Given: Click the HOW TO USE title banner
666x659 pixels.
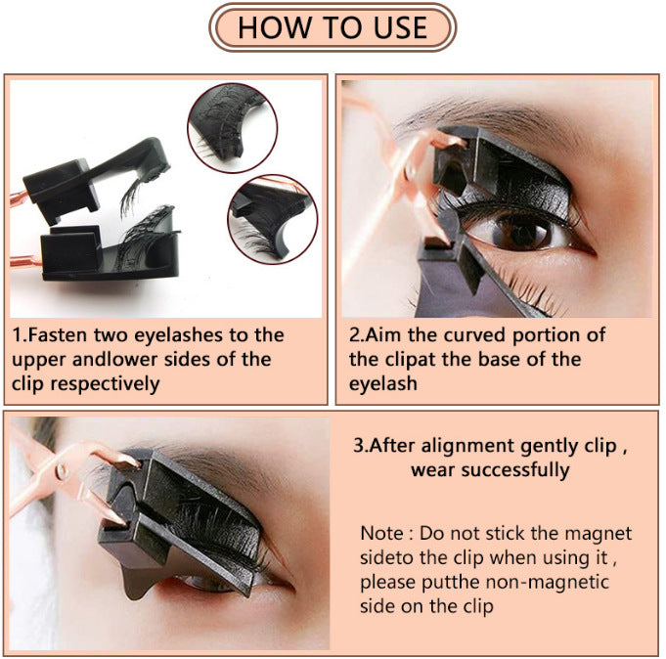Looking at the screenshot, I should pos(333,27).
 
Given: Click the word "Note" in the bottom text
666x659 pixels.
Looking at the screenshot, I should pos(381,534).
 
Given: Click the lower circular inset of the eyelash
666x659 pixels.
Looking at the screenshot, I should pos(270,216).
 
